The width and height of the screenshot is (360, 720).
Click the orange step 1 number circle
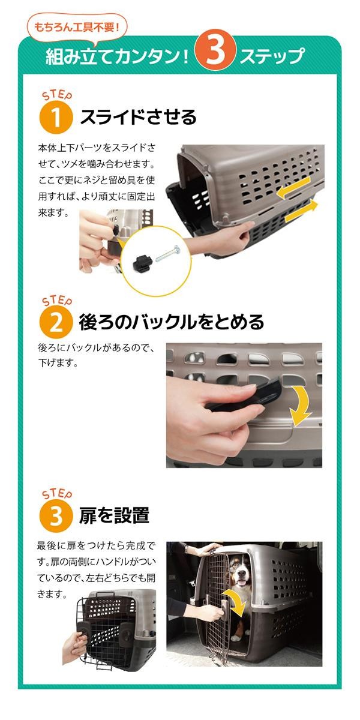(56, 117)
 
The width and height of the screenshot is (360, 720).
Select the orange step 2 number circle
(56, 322)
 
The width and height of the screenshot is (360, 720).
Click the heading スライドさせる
(138, 116)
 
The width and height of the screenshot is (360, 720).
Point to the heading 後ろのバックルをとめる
(172, 322)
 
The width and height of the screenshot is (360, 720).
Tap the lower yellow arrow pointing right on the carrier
(301, 211)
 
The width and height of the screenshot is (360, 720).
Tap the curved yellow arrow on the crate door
(236, 600)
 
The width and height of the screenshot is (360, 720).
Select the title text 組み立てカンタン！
(118, 55)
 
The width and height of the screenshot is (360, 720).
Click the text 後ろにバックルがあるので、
(97, 348)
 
